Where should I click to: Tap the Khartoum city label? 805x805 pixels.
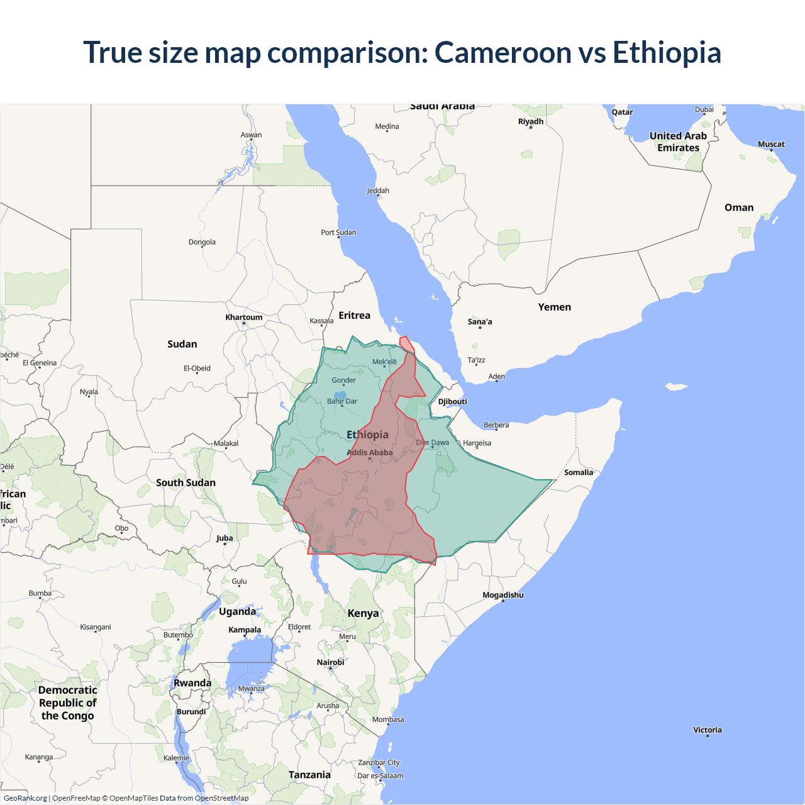pos(244,318)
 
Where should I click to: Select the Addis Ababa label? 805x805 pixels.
pos(370,452)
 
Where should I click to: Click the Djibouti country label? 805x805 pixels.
pos(453,402)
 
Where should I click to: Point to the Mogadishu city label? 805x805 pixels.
pos(503,595)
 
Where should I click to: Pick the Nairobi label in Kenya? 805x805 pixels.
pos(331,662)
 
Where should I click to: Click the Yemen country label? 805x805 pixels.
pos(555,307)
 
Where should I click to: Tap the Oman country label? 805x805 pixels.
pos(739,208)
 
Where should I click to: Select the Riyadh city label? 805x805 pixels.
pos(531,121)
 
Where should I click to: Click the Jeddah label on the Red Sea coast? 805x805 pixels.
pos(378,191)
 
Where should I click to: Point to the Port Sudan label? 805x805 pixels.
pos(338,233)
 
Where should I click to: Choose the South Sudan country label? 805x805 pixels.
pos(186,482)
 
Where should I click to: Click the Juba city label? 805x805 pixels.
pos(225,538)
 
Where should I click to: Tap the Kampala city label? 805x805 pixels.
pos(245,630)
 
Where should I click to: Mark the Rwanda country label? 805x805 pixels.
pos(192,683)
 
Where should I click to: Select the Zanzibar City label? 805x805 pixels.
pos(379,763)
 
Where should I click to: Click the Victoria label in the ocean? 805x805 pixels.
pos(708,730)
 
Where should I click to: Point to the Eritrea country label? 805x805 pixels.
pos(355,315)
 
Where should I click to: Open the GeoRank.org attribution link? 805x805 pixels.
pos(25,798)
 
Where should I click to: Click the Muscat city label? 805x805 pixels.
pos(771,145)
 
